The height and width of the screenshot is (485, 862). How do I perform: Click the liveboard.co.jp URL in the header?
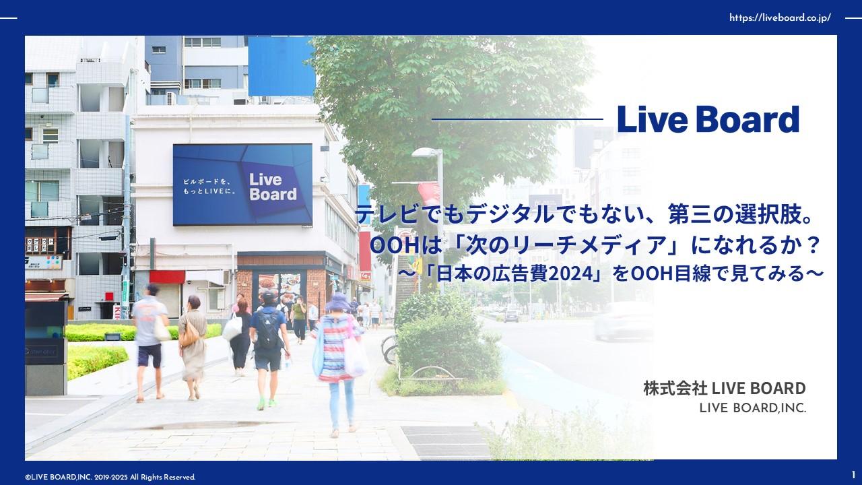point(780,18)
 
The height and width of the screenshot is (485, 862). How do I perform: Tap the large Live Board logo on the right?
point(708,119)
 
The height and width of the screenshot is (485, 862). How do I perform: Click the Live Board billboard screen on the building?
point(242,185)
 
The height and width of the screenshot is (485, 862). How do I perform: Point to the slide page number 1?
point(853,476)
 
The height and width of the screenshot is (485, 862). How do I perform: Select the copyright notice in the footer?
point(110,478)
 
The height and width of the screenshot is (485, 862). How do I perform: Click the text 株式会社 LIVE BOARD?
point(725,389)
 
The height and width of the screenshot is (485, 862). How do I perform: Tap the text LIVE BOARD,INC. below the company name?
point(753,408)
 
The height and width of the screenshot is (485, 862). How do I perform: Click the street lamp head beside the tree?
point(426,152)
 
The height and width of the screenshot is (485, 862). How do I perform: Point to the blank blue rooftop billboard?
point(281,66)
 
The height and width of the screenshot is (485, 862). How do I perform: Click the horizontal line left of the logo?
point(517,119)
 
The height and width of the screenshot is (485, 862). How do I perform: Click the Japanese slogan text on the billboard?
point(209,187)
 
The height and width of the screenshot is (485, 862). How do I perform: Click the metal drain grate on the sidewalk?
point(446,441)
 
